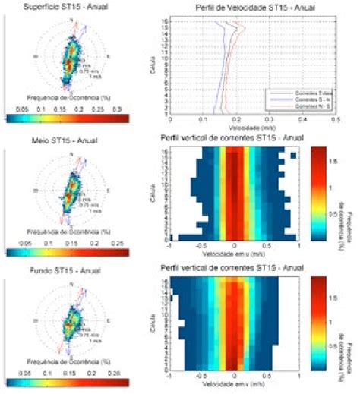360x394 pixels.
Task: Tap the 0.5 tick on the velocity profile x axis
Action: point(338,119)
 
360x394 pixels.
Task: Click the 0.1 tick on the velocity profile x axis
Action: point(204,119)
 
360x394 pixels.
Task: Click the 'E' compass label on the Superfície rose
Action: point(109,57)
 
